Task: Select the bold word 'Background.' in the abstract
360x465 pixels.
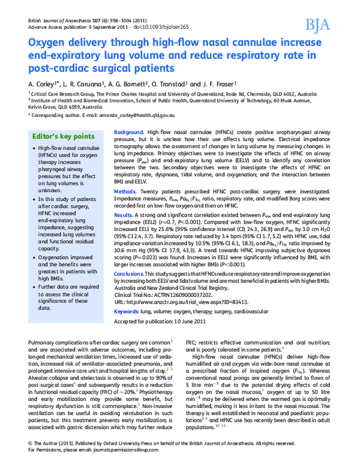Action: point(128,131)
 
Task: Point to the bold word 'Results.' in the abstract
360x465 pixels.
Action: point(124,214)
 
